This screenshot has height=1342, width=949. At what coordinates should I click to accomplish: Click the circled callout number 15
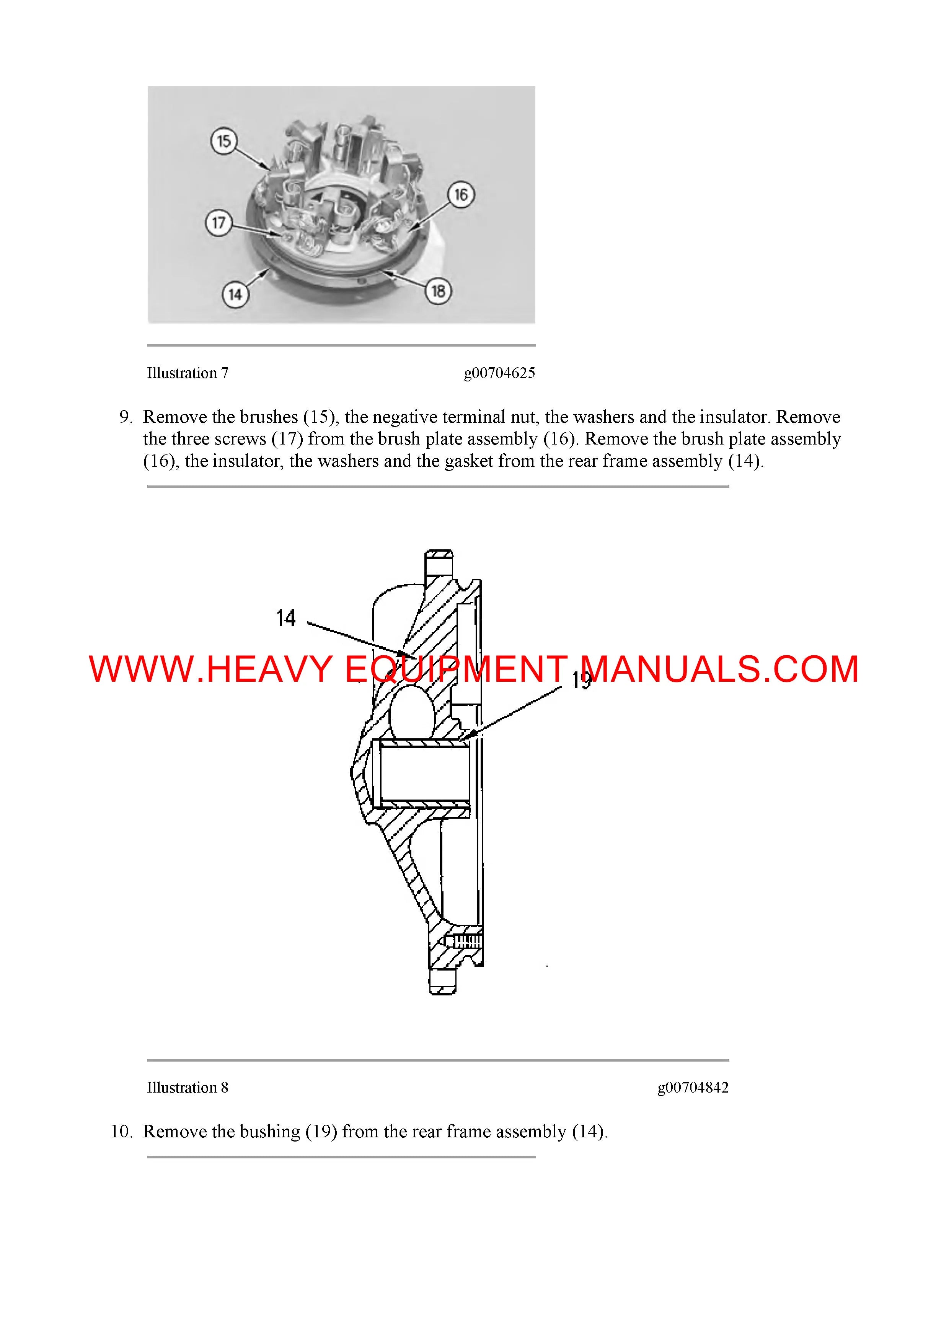click(x=224, y=141)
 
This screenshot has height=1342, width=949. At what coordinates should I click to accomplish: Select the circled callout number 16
click(x=461, y=195)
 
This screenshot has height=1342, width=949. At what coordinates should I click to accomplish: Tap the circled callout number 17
click(x=218, y=223)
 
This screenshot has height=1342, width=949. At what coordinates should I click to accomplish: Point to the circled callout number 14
click(x=235, y=294)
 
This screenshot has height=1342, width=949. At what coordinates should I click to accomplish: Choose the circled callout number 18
click(x=438, y=290)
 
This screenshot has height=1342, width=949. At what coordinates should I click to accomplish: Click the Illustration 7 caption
click(x=187, y=373)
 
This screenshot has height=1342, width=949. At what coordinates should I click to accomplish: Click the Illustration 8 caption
click(x=187, y=1087)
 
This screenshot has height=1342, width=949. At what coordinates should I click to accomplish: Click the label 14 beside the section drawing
click(x=286, y=618)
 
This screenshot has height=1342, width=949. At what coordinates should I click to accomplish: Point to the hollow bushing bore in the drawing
click(x=424, y=774)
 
